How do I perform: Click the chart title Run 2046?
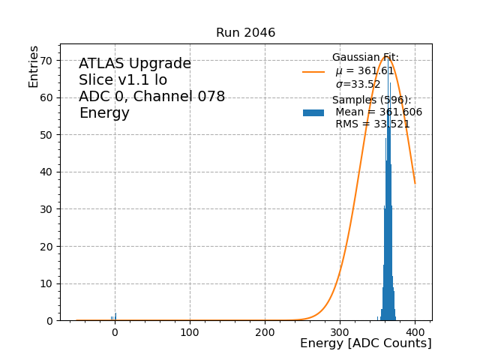245,33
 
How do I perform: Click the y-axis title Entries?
34,66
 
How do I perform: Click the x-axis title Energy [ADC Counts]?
365,343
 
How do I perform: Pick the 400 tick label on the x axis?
415,331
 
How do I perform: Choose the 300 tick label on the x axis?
340,331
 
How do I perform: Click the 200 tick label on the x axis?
265,331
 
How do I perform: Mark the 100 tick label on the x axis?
190,331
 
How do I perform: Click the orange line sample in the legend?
313,72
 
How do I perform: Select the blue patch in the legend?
313,112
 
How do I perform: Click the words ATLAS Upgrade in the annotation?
135,64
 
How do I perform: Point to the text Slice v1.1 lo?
123,80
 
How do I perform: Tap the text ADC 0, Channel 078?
151,97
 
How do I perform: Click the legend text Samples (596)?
371,100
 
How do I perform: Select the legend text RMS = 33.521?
372,124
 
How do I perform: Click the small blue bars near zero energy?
115,317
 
